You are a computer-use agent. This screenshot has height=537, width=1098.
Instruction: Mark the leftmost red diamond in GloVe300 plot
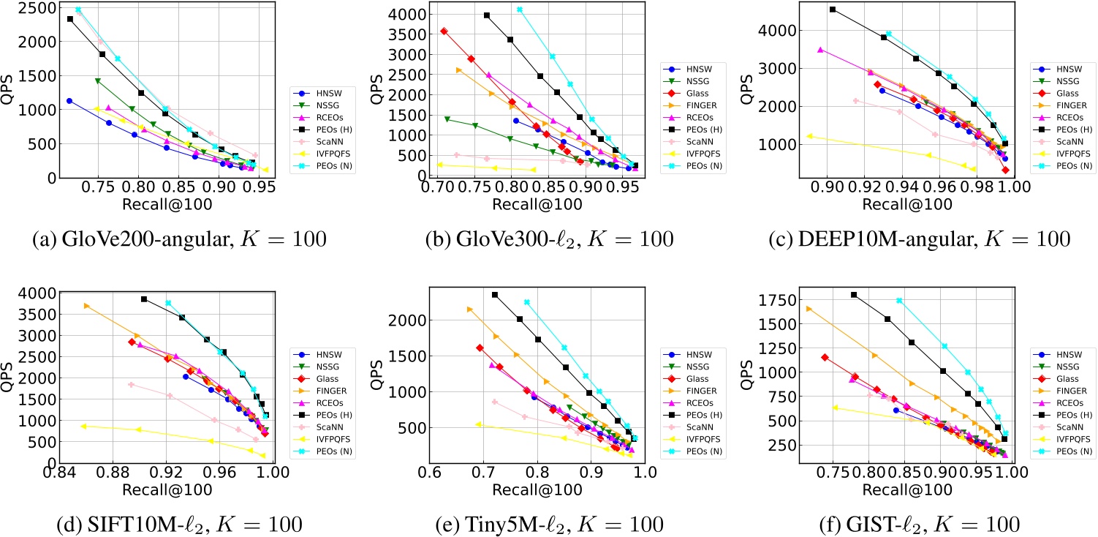pyautogui.click(x=444, y=31)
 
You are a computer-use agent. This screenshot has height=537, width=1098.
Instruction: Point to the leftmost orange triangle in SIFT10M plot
pyautogui.click(x=86, y=306)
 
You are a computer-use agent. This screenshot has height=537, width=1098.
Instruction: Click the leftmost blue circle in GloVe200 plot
pyautogui.click(x=69, y=101)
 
